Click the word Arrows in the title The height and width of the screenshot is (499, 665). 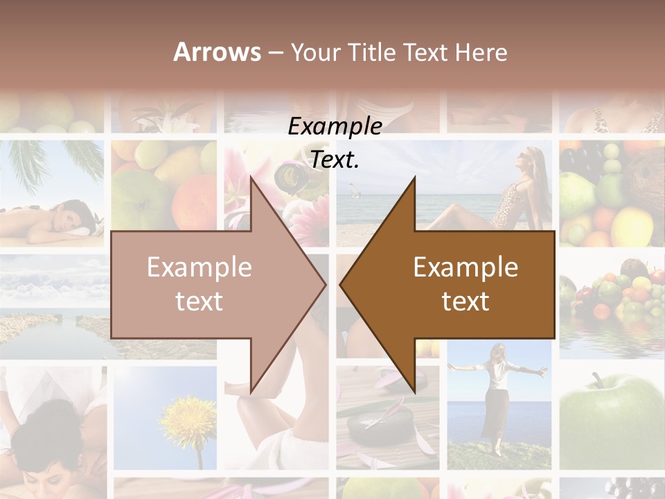217,52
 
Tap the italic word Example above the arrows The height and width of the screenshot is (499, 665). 335,127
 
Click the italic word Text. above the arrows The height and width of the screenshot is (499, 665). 335,159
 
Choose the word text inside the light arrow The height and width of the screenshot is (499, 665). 199,301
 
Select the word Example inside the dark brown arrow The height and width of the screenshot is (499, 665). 465,267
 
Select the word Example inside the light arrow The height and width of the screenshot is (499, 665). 199,267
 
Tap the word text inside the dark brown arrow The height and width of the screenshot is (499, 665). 465,301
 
